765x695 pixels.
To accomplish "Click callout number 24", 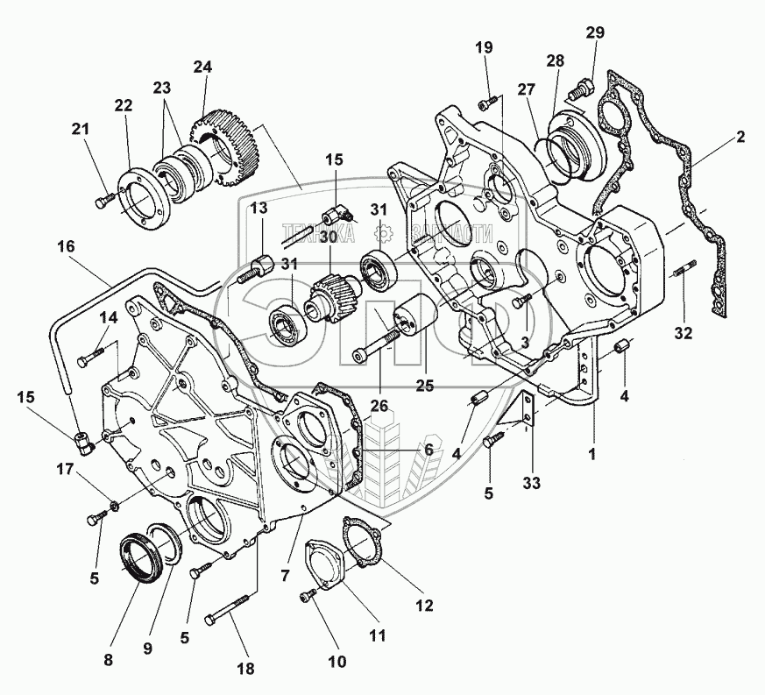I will pos(203,67).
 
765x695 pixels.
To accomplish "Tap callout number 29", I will pos(595,32).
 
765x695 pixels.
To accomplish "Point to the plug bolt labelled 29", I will pos(579,88).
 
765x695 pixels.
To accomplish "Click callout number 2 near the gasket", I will pos(740,137).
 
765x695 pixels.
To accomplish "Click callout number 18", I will pos(247,669).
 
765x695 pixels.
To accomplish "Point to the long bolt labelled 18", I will pos(229,618).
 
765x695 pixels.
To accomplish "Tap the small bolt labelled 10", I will pos(308,596).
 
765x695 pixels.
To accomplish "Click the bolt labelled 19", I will pos(485,104).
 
